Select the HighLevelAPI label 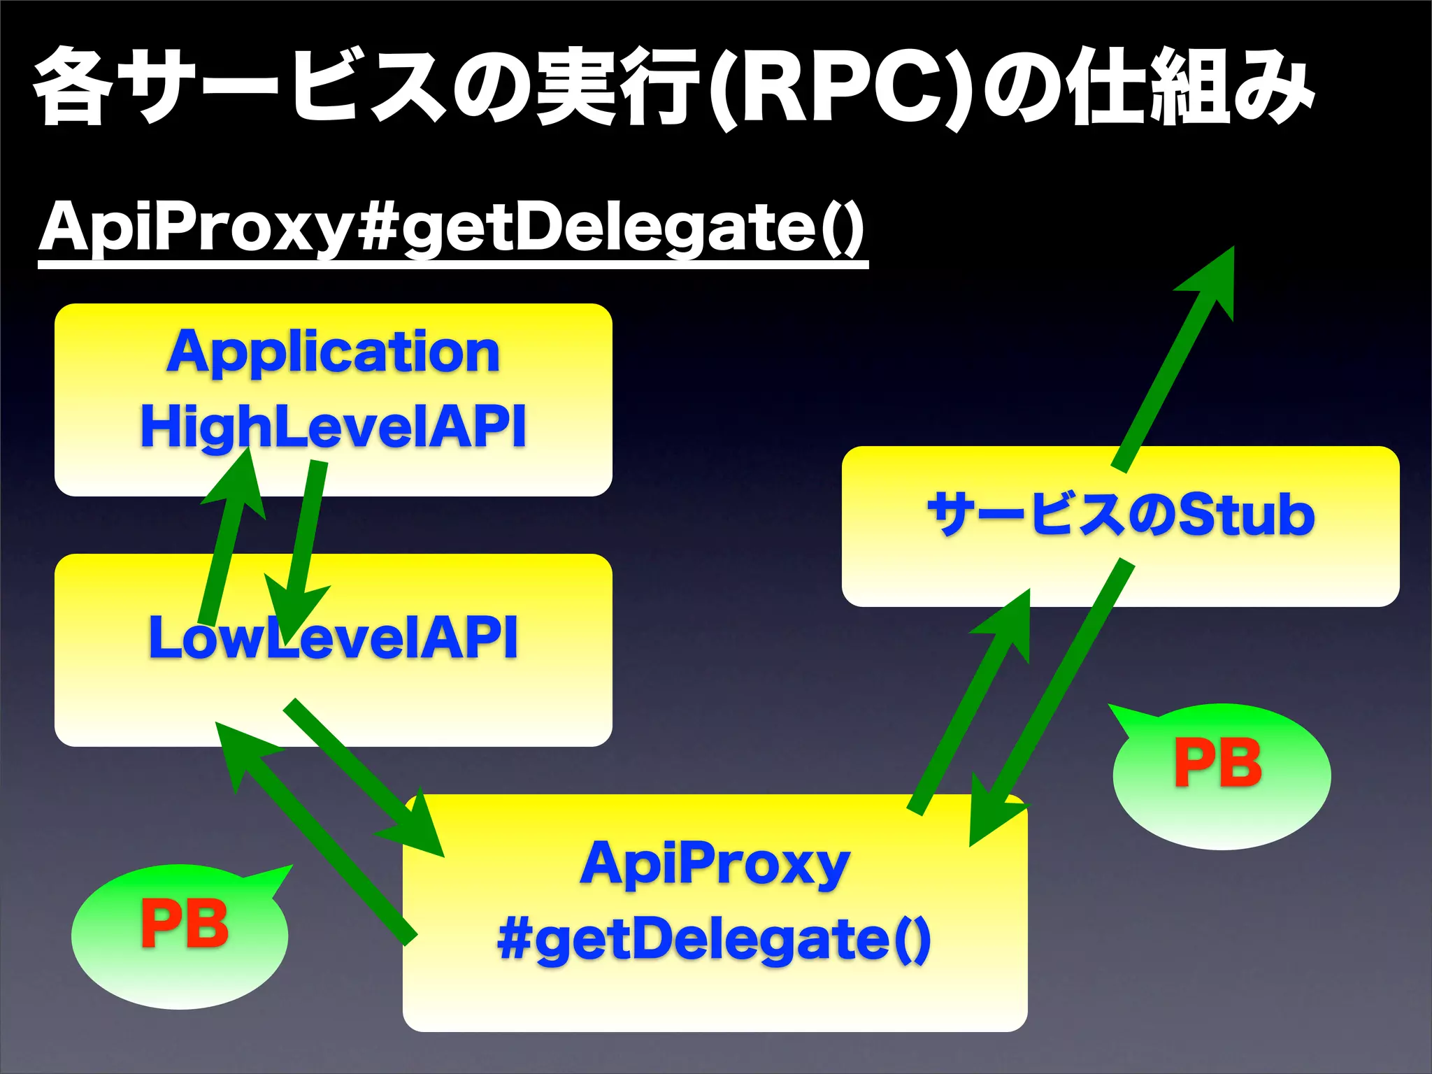point(333,426)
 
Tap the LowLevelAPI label point(333,637)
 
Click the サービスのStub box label point(1120,515)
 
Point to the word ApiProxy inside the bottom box point(714,865)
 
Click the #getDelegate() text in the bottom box point(714,939)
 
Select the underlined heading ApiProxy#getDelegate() point(452,228)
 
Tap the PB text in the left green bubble point(185,924)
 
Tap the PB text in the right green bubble point(1217,763)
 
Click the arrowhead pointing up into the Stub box point(1010,622)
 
